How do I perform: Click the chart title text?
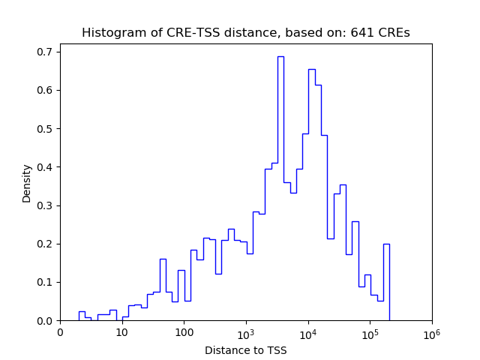tap(245, 33)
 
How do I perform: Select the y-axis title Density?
tap(27, 183)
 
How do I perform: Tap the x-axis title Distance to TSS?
tap(245, 350)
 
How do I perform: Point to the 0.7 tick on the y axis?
tap(46, 52)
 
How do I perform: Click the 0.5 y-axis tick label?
tap(46, 129)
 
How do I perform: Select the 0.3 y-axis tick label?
tap(46, 205)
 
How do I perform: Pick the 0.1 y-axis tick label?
tap(46, 283)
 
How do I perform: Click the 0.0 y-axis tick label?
tap(46, 321)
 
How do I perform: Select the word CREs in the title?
tap(394, 33)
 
